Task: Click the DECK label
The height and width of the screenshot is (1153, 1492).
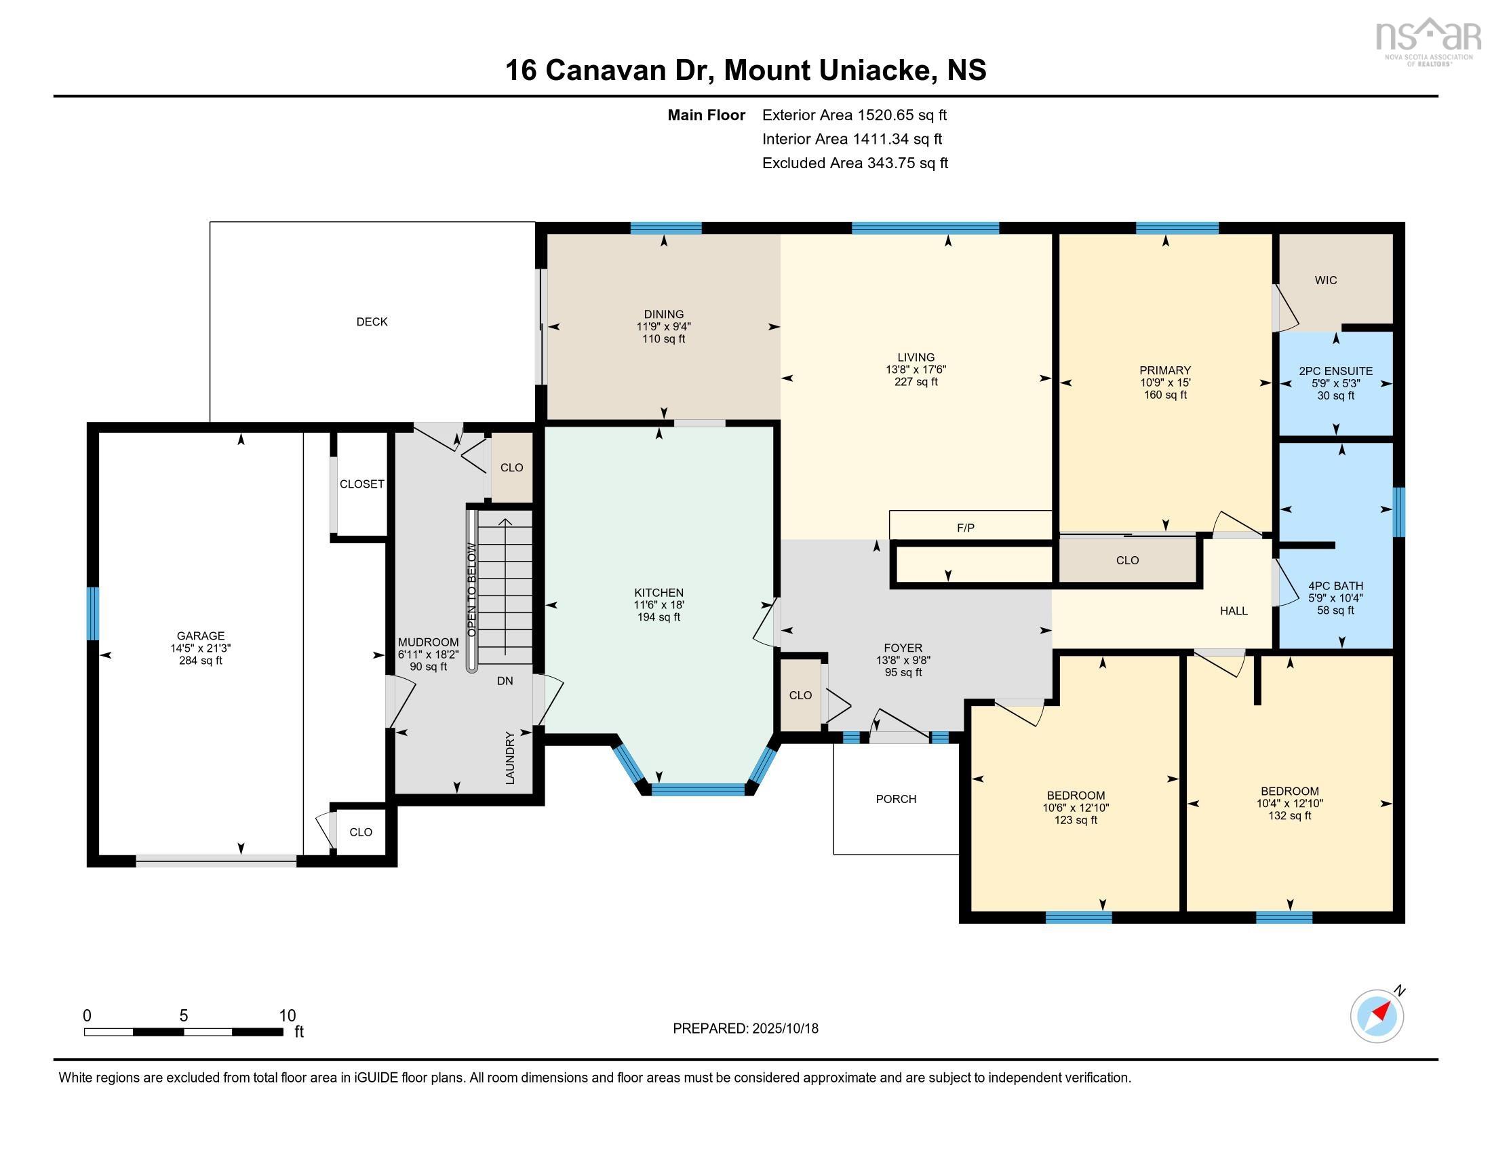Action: click(372, 321)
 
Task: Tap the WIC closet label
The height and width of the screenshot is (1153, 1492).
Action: click(1325, 280)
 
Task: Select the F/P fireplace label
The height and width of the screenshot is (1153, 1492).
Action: click(965, 527)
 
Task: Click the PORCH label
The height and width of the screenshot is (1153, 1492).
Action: click(896, 798)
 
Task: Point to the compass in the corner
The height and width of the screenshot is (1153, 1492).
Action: click(1377, 1015)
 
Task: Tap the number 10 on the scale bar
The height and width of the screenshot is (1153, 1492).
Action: click(287, 1015)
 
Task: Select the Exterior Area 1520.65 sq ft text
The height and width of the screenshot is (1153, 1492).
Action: click(854, 115)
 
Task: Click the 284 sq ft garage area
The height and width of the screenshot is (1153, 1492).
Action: click(200, 661)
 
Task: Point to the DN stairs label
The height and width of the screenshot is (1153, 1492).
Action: click(504, 681)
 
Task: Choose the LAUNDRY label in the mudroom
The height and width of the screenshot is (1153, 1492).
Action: click(509, 758)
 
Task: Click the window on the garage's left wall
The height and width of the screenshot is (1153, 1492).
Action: click(92, 613)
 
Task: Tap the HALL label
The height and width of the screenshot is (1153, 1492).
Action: click(1233, 610)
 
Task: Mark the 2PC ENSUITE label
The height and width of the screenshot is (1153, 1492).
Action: click(1335, 371)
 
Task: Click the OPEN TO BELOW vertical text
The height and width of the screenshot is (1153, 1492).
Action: click(471, 589)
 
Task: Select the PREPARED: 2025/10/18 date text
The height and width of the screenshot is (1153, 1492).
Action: click(745, 1028)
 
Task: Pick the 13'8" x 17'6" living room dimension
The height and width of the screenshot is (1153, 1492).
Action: click(916, 370)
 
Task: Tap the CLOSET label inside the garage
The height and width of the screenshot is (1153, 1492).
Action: click(361, 484)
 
